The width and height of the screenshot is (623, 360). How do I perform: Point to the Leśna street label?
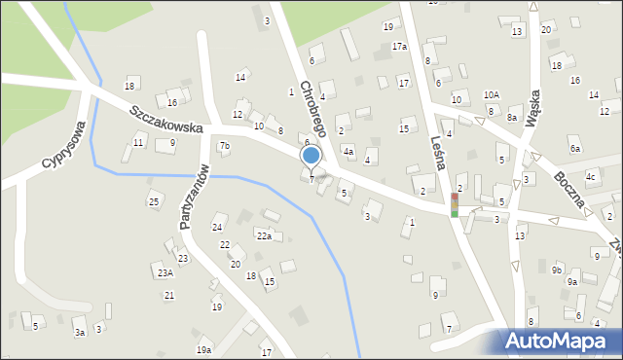coord(437,154)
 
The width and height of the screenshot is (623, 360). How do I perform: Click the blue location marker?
coord(311,155)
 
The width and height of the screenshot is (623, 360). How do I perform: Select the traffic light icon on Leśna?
coord(454,204)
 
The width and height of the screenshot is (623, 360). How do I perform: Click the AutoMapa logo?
coord(560,342)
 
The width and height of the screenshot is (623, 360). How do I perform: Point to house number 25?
coord(154,201)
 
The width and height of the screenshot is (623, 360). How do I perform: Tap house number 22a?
coord(264,235)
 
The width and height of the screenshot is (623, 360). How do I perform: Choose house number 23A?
coord(165,273)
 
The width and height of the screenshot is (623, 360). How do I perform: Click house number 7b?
coord(225,146)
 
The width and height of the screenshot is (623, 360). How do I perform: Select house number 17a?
coord(399,46)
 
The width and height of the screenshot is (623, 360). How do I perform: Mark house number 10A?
coord(492,94)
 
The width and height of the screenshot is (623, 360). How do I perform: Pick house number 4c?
coord(590,176)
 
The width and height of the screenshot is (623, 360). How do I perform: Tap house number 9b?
coord(556,269)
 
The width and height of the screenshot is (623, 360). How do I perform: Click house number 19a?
coord(202,349)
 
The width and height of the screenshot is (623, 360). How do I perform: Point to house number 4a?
coord(348,151)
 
